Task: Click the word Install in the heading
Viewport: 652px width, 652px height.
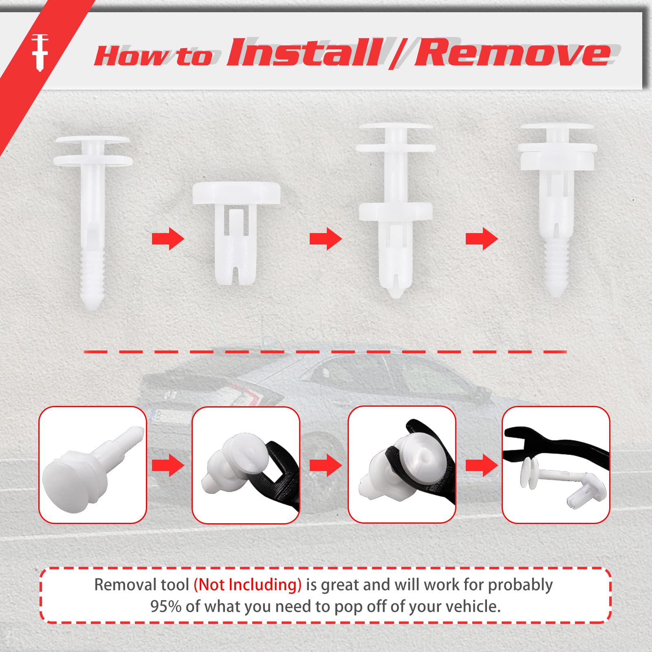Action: click(x=304, y=53)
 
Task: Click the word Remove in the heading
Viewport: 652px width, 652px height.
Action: click(x=511, y=53)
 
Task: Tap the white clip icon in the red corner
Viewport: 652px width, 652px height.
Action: click(x=40, y=52)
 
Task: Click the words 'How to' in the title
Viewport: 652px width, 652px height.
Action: click(x=153, y=56)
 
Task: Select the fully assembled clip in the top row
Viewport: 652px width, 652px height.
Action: click(x=557, y=208)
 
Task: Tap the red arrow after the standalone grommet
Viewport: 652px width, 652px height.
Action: click(x=325, y=239)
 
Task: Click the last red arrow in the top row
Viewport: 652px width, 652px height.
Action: click(x=482, y=239)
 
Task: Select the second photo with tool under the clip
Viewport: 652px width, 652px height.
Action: click(x=246, y=465)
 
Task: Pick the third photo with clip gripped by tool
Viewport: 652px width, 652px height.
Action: click(x=402, y=465)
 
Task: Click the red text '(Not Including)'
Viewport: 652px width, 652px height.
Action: click(x=247, y=585)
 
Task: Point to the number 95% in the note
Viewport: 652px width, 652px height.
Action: click(x=165, y=607)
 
